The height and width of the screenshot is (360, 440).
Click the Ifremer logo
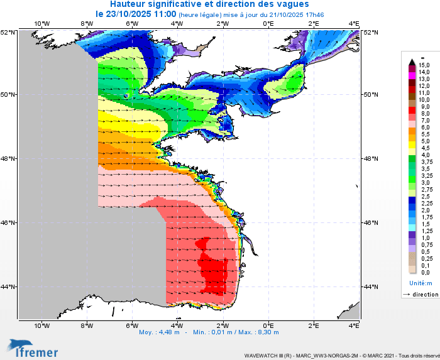(33, 348)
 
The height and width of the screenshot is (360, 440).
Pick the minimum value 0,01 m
(220, 332)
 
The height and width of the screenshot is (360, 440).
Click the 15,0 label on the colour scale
(424, 65)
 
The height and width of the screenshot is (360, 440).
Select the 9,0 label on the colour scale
(424, 107)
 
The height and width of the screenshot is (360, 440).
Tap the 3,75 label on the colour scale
(426, 161)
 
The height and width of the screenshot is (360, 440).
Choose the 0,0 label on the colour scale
(424, 272)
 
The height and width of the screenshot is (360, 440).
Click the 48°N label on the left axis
(9, 159)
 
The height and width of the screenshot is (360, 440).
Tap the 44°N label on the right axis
(371, 286)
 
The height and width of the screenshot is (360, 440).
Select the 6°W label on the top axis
(131, 24)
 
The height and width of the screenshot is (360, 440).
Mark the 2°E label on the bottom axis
(313, 325)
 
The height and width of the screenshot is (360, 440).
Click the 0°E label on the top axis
(268, 24)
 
